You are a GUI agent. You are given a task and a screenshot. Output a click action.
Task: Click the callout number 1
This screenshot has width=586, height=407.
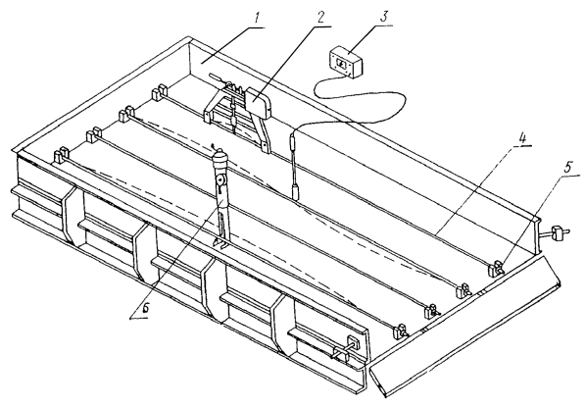click(x=257, y=19)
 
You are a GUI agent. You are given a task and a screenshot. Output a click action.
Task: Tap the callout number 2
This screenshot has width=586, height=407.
click(x=319, y=18)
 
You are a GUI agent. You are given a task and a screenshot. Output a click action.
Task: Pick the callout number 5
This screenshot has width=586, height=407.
click(x=567, y=168)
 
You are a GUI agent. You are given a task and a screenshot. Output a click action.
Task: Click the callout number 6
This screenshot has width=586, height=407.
click(x=145, y=308)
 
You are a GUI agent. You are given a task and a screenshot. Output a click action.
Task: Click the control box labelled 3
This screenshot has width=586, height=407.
click(x=346, y=62)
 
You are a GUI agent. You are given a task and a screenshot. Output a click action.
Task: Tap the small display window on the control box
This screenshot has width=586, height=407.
click(x=342, y=65)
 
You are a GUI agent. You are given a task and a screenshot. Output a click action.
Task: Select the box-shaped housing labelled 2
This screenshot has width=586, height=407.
click(x=258, y=102)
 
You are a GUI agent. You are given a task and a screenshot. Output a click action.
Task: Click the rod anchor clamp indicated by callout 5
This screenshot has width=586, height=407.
click(x=497, y=268)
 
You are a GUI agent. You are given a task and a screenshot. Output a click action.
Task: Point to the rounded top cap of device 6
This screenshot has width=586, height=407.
click(x=220, y=155)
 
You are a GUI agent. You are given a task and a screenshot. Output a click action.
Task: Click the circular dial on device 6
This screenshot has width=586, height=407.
click(x=220, y=181)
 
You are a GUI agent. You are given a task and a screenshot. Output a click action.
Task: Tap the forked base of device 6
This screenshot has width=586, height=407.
click(x=222, y=233)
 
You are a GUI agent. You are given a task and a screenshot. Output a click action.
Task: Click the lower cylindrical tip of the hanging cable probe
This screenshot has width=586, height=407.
click(x=296, y=191)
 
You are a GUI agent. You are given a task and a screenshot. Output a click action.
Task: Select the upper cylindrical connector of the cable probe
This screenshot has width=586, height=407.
click(x=294, y=142)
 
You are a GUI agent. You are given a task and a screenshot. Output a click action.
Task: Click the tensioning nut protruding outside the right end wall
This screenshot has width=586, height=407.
click(x=558, y=233)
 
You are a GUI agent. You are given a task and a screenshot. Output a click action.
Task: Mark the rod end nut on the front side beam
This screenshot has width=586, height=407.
click(x=354, y=343)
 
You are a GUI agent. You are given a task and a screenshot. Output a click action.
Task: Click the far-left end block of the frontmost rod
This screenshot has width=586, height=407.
click(x=61, y=155)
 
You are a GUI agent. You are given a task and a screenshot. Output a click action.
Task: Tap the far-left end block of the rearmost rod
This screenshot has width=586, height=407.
click(x=159, y=92)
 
